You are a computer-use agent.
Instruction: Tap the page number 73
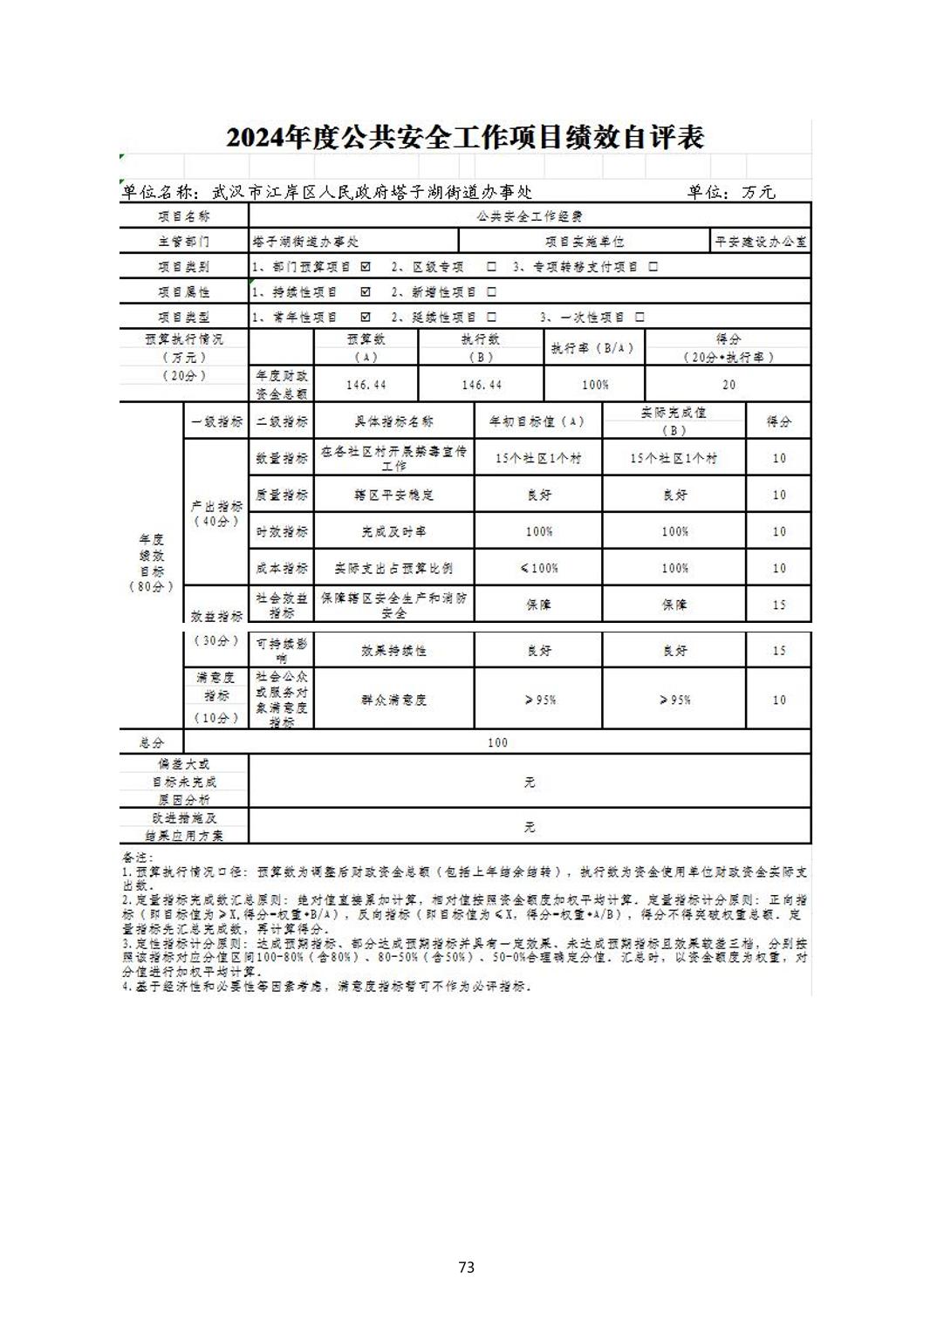(466, 1267)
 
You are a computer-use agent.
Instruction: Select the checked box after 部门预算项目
(366, 267)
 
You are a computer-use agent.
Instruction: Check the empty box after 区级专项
(491, 267)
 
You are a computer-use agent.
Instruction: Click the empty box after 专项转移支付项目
(653, 267)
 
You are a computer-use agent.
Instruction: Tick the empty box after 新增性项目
(491, 292)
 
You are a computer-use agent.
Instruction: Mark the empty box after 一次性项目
(639, 318)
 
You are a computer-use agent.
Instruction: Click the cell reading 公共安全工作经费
(530, 216)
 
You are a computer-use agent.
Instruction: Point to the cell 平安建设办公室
(761, 242)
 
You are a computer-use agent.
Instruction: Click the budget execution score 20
(728, 385)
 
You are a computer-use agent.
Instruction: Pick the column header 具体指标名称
(393, 422)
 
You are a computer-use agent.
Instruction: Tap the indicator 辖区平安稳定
(393, 495)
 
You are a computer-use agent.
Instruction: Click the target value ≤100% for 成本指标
(538, 568)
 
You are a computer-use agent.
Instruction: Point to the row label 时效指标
(281, 531)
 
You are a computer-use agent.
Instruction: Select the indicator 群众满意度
(393, 700)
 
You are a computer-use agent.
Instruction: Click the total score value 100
(497, 742)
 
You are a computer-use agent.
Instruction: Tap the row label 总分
(152, 742)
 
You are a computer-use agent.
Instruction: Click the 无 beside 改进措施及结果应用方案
(530, 827)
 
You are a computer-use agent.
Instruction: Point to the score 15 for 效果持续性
(778, 651)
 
